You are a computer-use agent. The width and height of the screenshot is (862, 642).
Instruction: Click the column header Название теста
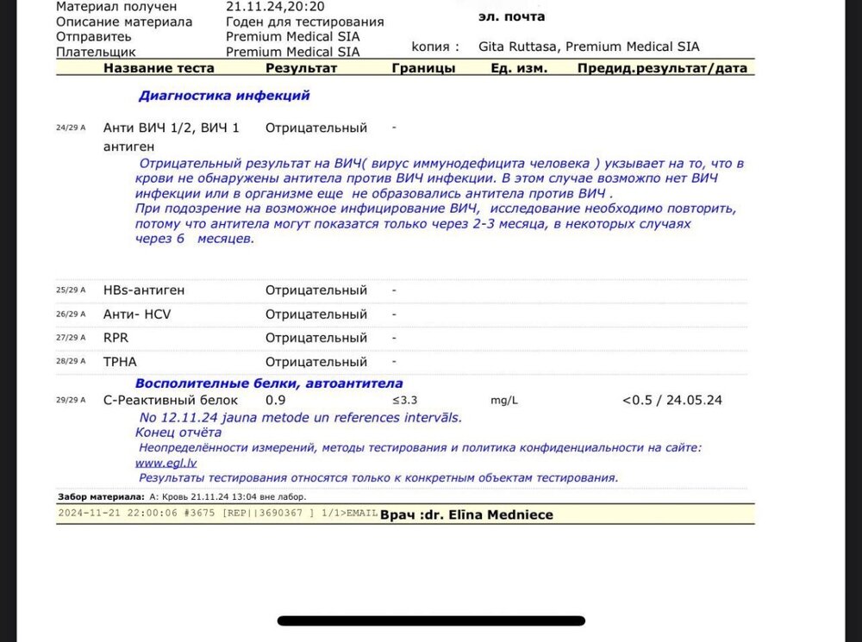pyautogui.click(x=161, y=68)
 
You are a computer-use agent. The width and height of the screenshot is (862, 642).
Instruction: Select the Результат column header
pyautogui.click(x=301, y=68)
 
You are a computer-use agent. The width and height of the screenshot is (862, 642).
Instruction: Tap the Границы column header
pyautogui.click(x=423, y=68)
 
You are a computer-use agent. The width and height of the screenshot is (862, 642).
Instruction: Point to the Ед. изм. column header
pyautogui.click(x=519, y=68)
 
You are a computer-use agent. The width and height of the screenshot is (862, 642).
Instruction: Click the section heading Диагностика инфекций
pyautogui.click(x=224, y=96)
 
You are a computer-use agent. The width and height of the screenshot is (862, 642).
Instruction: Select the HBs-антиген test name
pyautogui.click(x=144, y=290)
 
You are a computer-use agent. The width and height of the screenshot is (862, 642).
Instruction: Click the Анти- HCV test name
pyautogui.click(x=137, y=315)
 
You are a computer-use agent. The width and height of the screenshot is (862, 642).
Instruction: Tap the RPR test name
pyautogui.click(x=116, y=338)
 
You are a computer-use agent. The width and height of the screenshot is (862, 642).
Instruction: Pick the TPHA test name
pyautogui.click(x=120, y=362)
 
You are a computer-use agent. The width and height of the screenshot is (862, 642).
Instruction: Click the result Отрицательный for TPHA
pyautogui.click(x=315, y=362)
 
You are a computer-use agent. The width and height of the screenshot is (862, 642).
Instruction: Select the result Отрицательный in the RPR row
pyautogui.click(x=315, y=338)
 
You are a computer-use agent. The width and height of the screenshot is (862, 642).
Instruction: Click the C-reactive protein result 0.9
pyautogui.click(x=275, y=400)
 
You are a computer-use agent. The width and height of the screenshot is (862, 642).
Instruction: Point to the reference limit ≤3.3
pyautogui.click(x=405, y=400)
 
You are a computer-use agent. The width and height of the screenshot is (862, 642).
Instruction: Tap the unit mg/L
pyautogui.click(x=503, y=400)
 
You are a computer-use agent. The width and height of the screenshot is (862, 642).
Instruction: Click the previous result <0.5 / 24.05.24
pyautogui.click(x=671, y=400)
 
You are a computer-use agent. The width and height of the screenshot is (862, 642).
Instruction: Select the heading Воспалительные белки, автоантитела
pyautogui.click(x=269, y=383)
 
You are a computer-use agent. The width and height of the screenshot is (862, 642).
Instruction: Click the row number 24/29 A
pyautogui.click(x=71, y=128)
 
